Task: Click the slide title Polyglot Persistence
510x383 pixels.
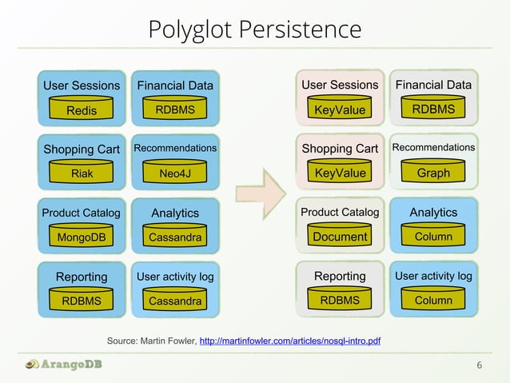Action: click(254, 30)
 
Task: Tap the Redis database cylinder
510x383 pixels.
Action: click(81, 110)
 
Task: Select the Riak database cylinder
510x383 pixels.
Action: click(81, 173)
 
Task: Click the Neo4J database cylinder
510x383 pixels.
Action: click(175, 173)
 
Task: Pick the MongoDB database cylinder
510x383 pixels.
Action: click(81, 237)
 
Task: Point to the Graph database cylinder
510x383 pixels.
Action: click(433, 173)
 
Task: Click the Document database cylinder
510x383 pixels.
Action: click(340, 237)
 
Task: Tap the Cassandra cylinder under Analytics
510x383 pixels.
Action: click(175, 237)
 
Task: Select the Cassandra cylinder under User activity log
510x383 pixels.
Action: click(175, 301)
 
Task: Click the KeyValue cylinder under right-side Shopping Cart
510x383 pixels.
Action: click(340, 173)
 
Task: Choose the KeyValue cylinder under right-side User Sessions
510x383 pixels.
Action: click(340, 110)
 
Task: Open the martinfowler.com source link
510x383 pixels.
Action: click(289, 342)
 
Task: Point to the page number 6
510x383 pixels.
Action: click(479, 365)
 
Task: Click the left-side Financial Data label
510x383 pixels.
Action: click(175, 86)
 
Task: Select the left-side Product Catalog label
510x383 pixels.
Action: click(81, 213)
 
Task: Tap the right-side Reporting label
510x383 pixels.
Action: click(340, 277)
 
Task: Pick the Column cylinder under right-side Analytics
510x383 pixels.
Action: click(433, 237)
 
